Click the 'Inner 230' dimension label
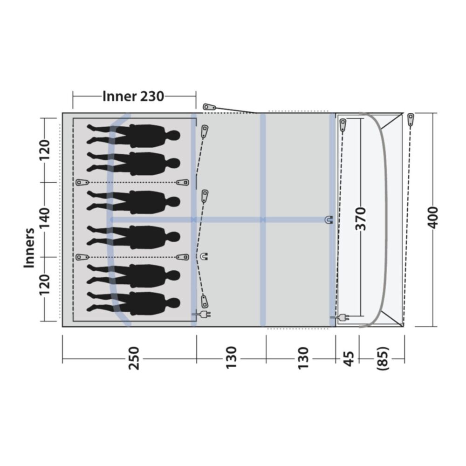click(x=133, y=96)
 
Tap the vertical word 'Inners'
click(x=29, y=248)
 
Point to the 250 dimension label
click(x=134, y=358)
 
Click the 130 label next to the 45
click(x=303, y=358)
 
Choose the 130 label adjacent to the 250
click(x=231, y=358)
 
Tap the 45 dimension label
click(x=349, y=359)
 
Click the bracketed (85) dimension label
click(x=383, y=358)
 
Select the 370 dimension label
click(x=361, y=219)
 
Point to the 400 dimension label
click(x=433, y=217)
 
